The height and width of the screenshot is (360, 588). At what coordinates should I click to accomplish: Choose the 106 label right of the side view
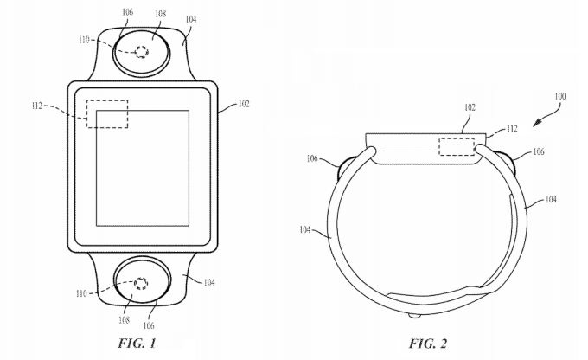pyautogui.click(x=538, y=151)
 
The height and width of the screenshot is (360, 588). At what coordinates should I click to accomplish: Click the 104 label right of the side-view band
pyautogui.click(x=550, y=200)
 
